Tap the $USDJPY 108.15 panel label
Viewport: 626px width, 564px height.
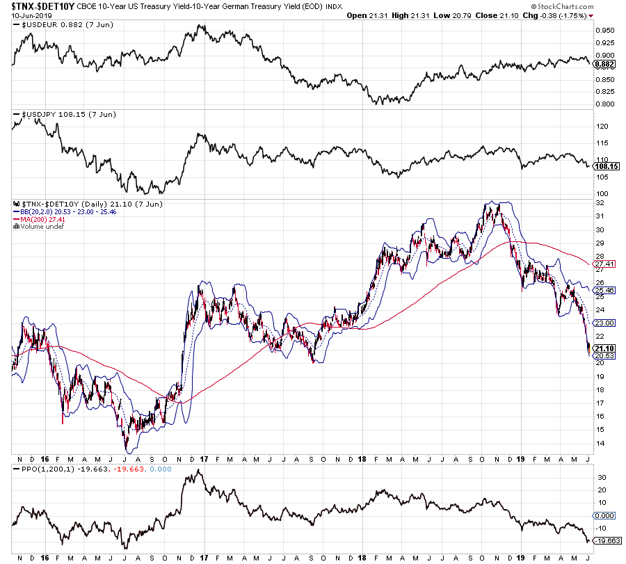(x=53, y=113)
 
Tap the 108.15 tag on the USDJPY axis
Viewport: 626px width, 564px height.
(x=607, y=167)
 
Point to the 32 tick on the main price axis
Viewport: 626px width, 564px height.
(x=599, y=202)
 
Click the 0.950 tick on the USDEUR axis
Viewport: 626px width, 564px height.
(x=604, y=31)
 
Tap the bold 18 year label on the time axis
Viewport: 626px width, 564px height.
(x=362, y=460)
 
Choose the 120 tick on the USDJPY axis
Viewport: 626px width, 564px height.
(x=602, y=127)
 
